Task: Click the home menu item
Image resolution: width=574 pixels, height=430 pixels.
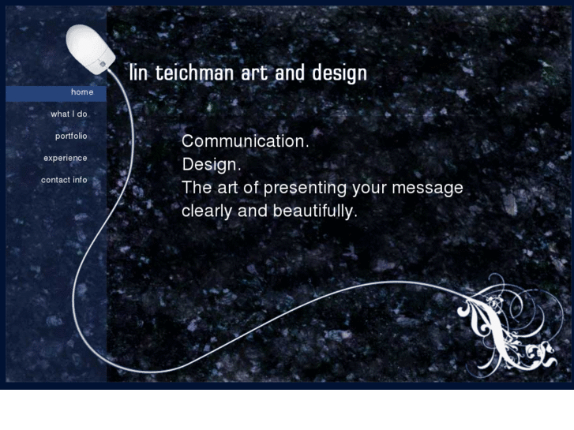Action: (x=81, y=92)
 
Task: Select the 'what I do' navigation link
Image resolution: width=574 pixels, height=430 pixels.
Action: (x=69, y=114)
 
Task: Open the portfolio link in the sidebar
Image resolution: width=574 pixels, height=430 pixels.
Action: (x=71, y=136)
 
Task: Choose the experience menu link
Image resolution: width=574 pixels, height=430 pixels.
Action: (x=66, y=158)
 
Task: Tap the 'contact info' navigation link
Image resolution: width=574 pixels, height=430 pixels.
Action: (x=64, y=180)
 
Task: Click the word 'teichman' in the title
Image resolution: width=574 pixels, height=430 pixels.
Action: (x=189, y=73)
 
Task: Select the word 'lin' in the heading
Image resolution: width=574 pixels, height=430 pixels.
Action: (x=138, y=73)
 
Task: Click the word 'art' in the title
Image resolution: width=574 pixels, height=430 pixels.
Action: (x=252, y=73)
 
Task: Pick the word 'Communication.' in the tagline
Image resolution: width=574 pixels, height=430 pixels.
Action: (x=245, y=142)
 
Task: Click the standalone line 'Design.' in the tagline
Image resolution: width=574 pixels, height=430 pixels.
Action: (x=211, y=166)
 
